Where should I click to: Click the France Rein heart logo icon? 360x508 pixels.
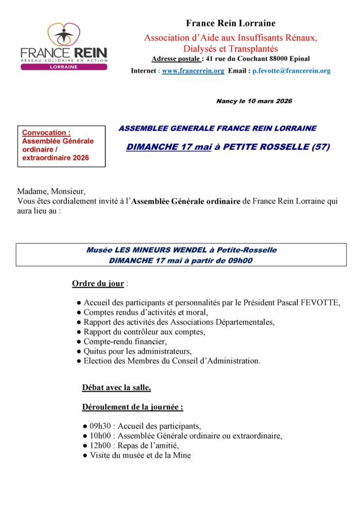tap(64, 34)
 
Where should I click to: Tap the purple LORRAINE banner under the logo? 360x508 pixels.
tap(64, 67)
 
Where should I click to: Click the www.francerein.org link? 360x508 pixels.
tap(193, 71)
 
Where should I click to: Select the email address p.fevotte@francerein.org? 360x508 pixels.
tap(291, 71)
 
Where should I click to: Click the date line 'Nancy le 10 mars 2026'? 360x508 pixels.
tap(254, 101)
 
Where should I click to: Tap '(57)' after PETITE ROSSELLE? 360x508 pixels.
tap(321, 147)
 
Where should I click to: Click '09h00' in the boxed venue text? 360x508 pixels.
tap(241, 260)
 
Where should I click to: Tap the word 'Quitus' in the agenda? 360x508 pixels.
tap(96, 352)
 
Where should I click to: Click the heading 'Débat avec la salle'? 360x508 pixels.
tap(116, 388)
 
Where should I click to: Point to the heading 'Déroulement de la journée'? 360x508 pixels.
tap(132, 407)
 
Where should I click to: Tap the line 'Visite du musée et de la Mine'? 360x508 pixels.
tap(140, 456)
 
